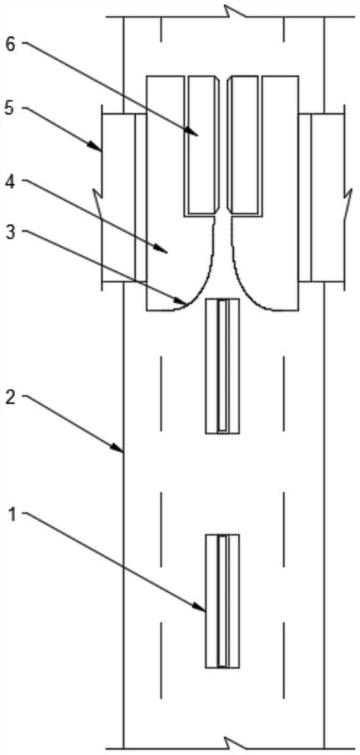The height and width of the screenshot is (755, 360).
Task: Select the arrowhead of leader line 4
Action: point(164,249)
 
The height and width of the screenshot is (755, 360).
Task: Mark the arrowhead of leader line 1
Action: point(202,608)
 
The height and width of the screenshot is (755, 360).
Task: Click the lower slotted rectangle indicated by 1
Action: point(223,600)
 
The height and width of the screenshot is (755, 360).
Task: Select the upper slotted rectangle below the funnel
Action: point(223,366)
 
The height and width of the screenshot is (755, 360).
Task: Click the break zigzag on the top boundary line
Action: point(235,14)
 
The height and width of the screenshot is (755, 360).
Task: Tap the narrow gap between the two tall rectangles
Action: point(225,144)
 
